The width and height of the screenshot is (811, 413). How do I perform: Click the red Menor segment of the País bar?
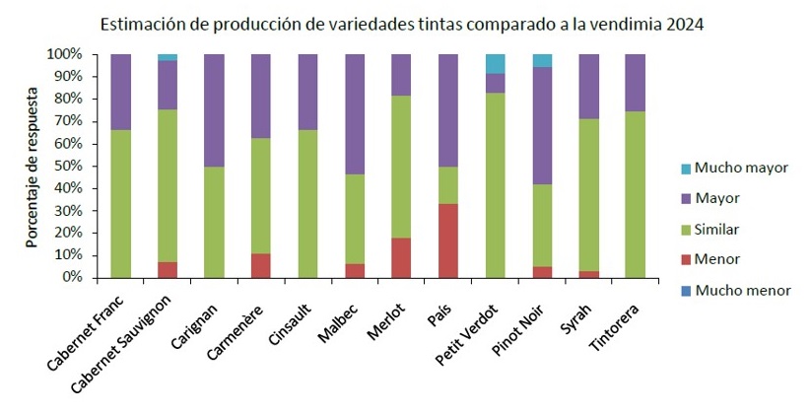[x=447, y=241]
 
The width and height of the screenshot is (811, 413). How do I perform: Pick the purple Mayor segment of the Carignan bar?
[x=214, y=110]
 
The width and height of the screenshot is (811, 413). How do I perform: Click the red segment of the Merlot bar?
[x=400, y=257]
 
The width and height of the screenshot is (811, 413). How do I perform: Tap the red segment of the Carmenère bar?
[x=260, y=265]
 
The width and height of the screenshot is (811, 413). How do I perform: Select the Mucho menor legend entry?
[x=741, y=291]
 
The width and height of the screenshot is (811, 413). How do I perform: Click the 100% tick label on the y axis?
[x=62, y=54]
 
